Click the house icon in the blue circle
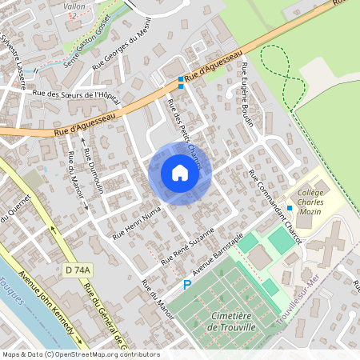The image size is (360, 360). point(180,172)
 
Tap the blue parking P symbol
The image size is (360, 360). point(187,284)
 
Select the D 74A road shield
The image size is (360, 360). point(78,271)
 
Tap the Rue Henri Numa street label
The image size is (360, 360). point(137,222)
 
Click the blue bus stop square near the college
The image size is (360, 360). point(290,208)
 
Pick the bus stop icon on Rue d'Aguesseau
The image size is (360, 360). point(182,82)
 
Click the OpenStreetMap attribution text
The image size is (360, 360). point(80,354)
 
